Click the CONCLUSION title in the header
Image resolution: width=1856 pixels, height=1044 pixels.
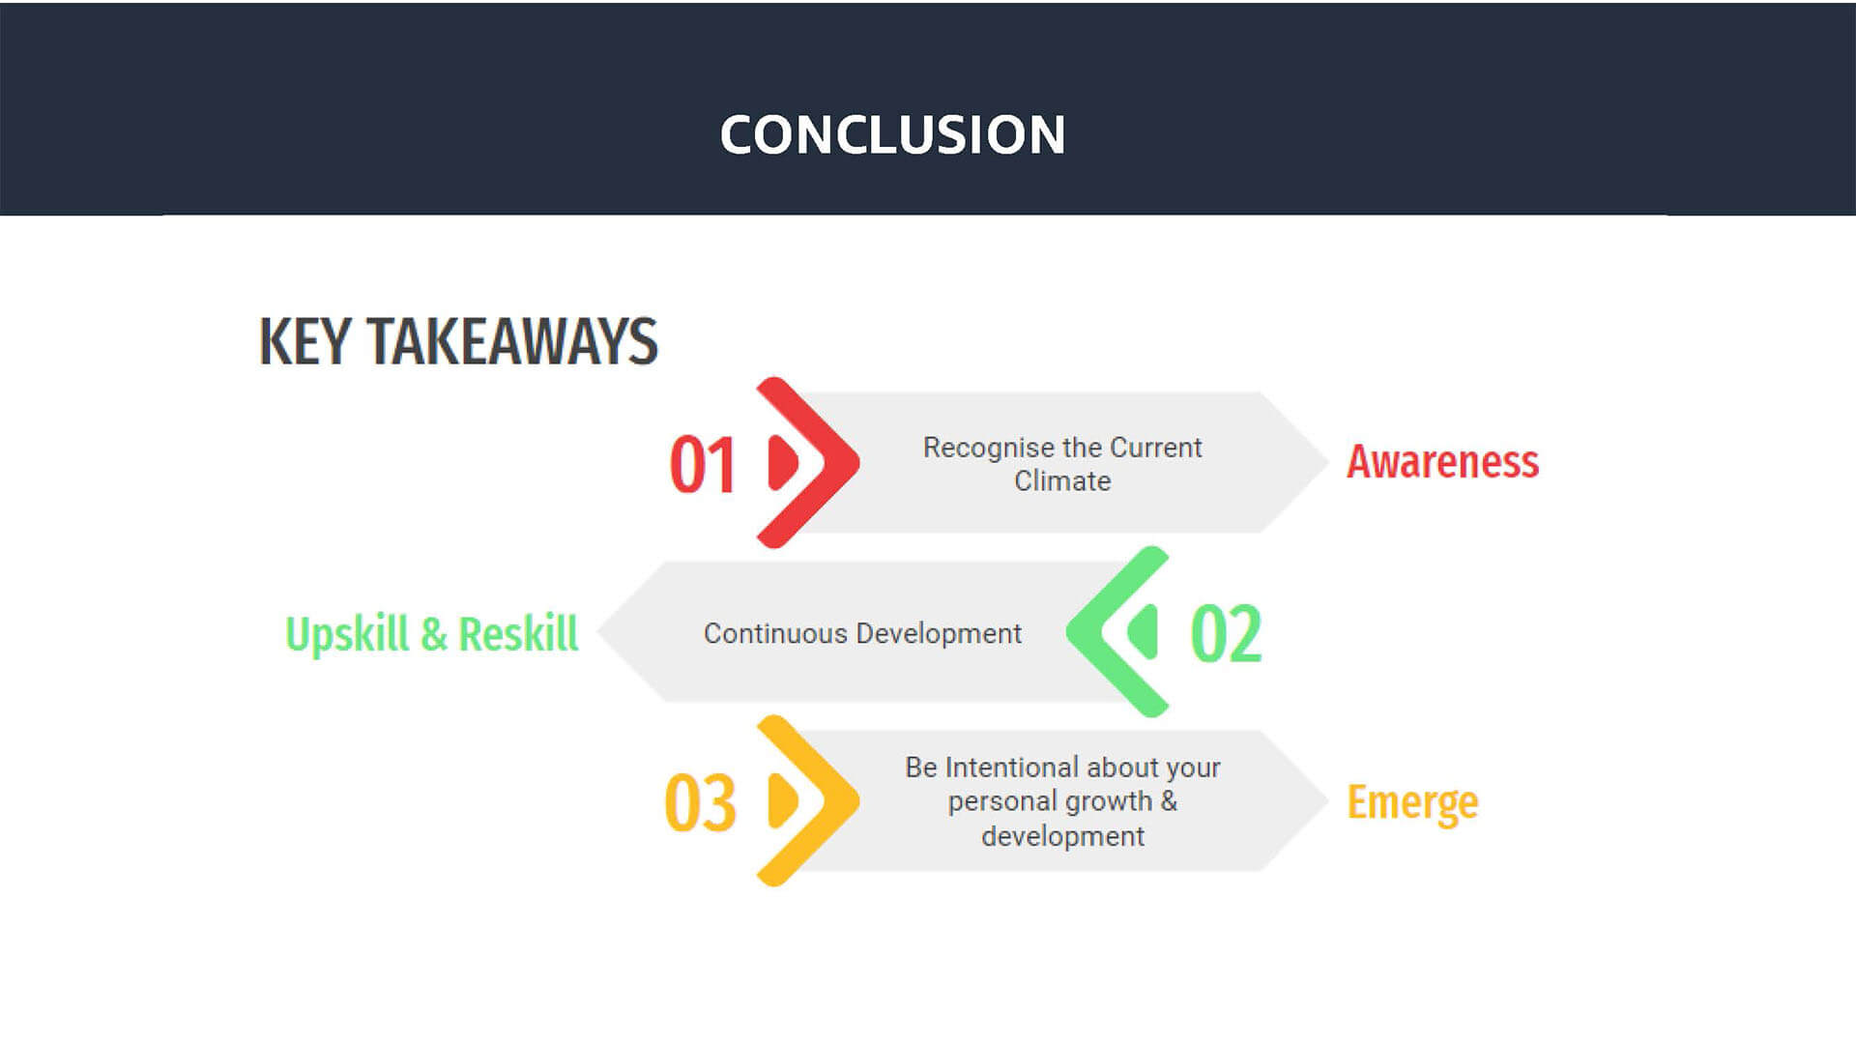[892, 134]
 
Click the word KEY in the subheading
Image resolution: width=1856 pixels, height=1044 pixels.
[304, 341]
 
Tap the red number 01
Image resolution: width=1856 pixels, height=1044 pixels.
[703, 465]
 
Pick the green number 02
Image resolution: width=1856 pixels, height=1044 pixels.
[1226, 634]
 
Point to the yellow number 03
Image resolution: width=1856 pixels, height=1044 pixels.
[701, 802]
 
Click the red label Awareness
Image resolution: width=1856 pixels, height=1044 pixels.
[1442, 461]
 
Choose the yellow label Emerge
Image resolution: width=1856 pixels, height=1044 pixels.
[1412, 802]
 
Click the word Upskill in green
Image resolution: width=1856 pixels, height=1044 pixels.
[347, 635]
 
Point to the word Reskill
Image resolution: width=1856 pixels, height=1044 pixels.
[518, 634]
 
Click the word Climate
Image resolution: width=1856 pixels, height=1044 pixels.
[1062, 480]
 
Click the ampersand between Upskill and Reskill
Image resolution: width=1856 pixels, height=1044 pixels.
[434, 635]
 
